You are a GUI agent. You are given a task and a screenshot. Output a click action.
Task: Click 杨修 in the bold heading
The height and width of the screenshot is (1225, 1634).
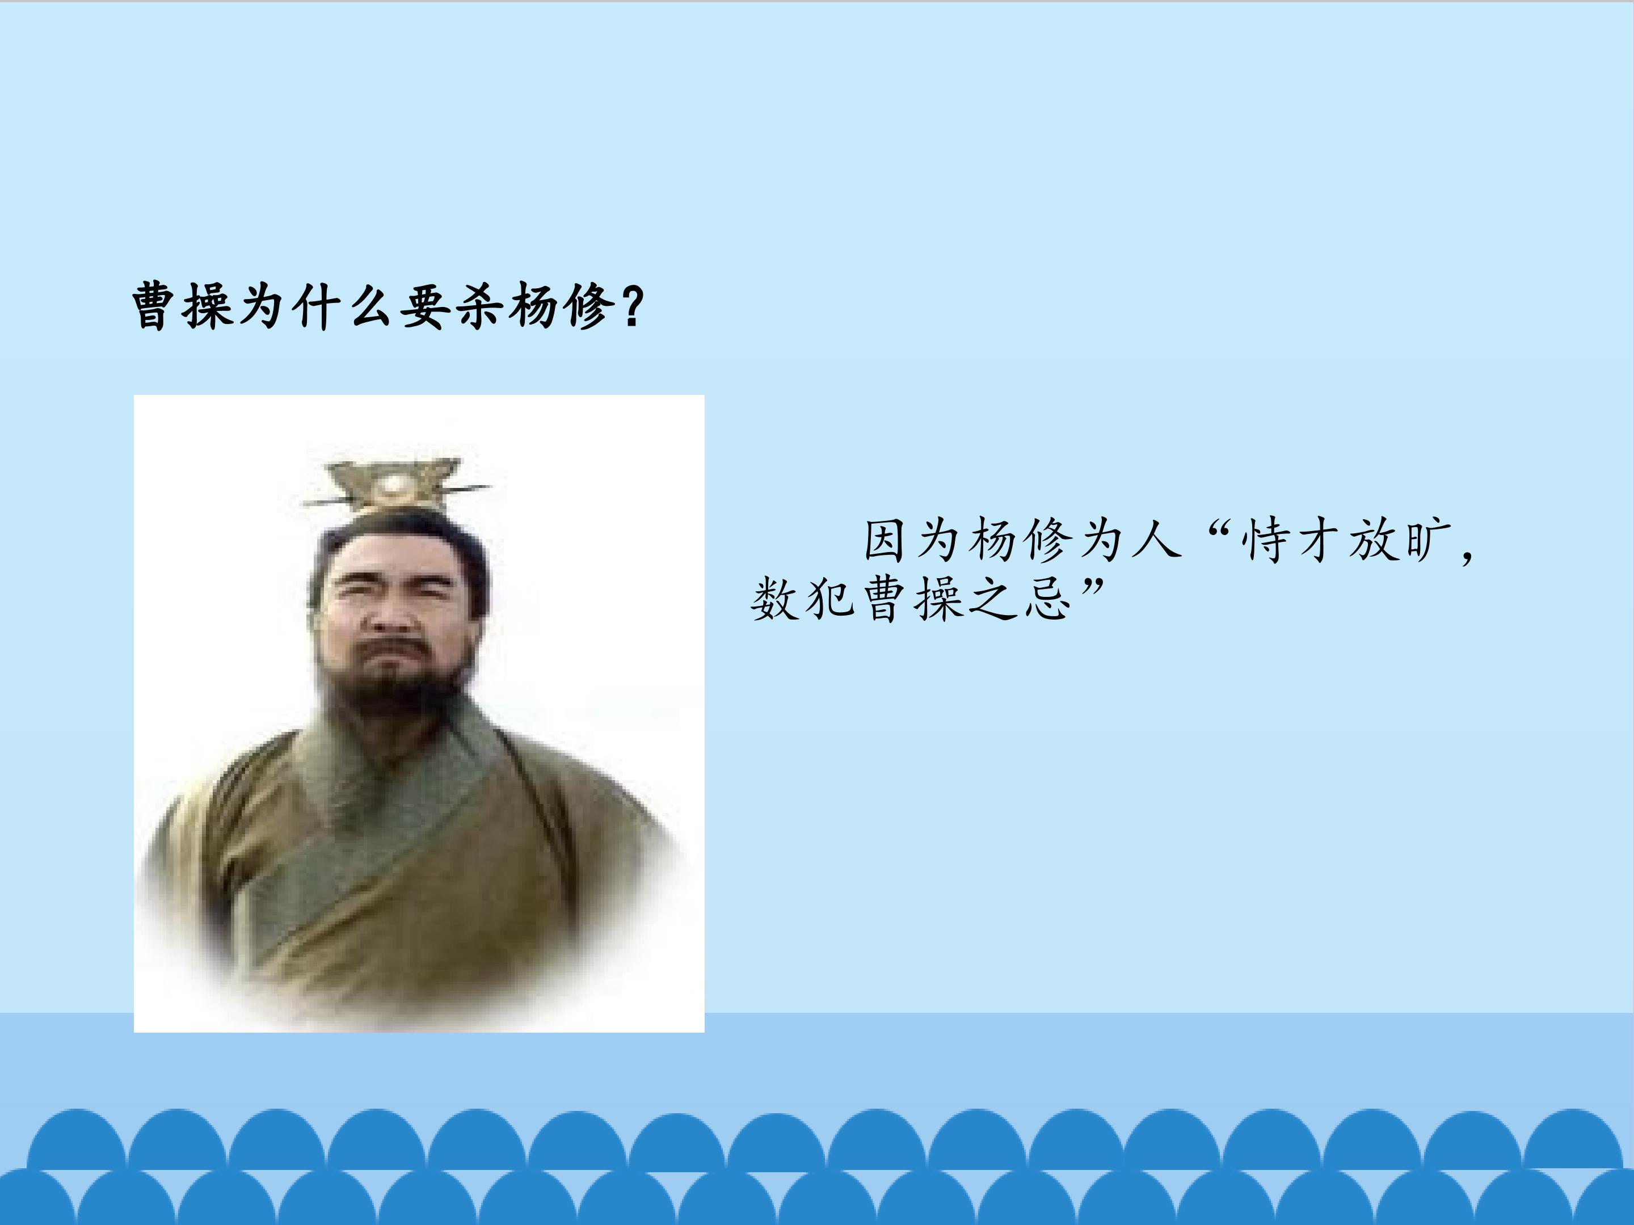pyautogui.click(x=562, y=305)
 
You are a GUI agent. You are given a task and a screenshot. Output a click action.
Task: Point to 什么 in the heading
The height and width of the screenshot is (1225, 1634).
pyautogui.click(x=345, y=305)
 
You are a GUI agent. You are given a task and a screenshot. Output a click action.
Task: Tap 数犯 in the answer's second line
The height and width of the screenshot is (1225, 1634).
pyautogui.click(x=803, y=599)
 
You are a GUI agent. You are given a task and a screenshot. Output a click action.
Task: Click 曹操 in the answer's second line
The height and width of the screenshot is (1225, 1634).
pyautogui.click(x=913, y=599)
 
